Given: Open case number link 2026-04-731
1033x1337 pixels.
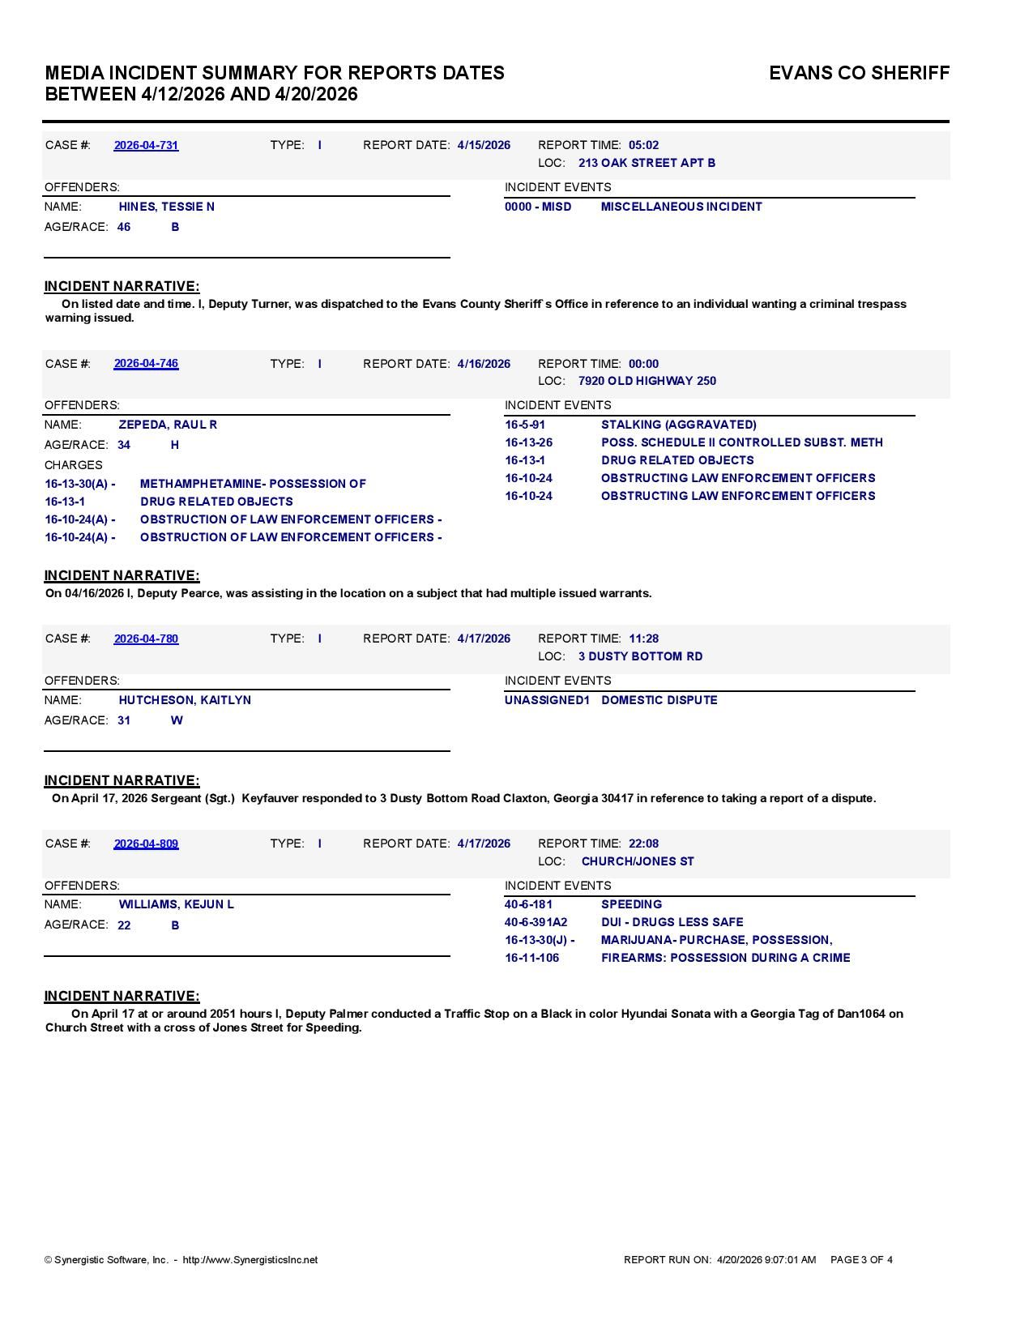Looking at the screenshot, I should click(x=146, y=145).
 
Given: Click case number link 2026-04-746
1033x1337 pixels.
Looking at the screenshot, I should click(x=146, y=364).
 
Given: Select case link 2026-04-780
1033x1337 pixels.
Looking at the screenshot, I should click(x=146, y=639).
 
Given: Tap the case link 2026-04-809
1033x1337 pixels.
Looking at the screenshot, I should click(x=146, y=844).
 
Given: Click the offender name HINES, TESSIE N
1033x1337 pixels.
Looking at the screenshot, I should click(x=166, y=207).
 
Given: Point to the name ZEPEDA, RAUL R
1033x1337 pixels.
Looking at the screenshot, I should click(x=168, y=425).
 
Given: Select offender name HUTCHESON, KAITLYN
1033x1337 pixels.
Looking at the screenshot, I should click(x=185, y=700).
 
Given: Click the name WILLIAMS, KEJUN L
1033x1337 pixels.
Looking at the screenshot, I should click(x=176, y=904).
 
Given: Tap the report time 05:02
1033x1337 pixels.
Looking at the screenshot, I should click(x=643, y=145).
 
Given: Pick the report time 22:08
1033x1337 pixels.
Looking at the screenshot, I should click(x=643, y=844).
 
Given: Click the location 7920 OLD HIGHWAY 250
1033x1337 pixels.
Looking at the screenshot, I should click(x=647, y=381).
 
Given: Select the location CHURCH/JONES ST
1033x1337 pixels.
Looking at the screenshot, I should click(x=638, y=861).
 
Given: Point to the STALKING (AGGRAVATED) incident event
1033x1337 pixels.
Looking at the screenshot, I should click(x=678, y=425).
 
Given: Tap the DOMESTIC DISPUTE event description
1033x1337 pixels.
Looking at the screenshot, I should click(x=659, y=700).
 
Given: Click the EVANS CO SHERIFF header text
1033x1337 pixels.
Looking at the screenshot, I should click(x=859, y=73).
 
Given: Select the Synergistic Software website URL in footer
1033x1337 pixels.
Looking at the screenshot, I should click(x=250, y=1260).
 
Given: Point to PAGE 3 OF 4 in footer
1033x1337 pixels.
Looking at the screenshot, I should click(x=861, y=1260).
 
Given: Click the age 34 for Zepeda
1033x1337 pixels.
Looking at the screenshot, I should click(x=124, y=445).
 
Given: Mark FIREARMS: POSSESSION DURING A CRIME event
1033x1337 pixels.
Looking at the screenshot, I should click(x=725, y=958).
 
